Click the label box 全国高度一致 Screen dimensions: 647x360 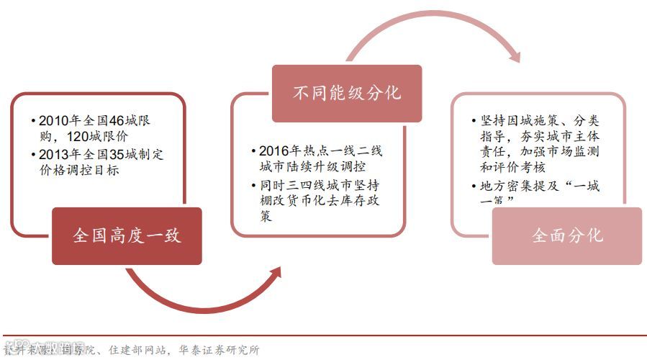pyautogui.click(x=127, y=236)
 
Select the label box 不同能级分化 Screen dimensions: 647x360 pyautogui.click(x=347, y=93)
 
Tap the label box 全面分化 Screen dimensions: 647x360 pyautogui.click(x=566, y=235)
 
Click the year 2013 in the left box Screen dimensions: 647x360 pyautogui.click(x=53, y=154)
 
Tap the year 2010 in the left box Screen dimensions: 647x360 pyautogui.click(x=53, y=120)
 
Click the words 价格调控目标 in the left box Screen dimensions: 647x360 pyautogui.click(x=78, y=171)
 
